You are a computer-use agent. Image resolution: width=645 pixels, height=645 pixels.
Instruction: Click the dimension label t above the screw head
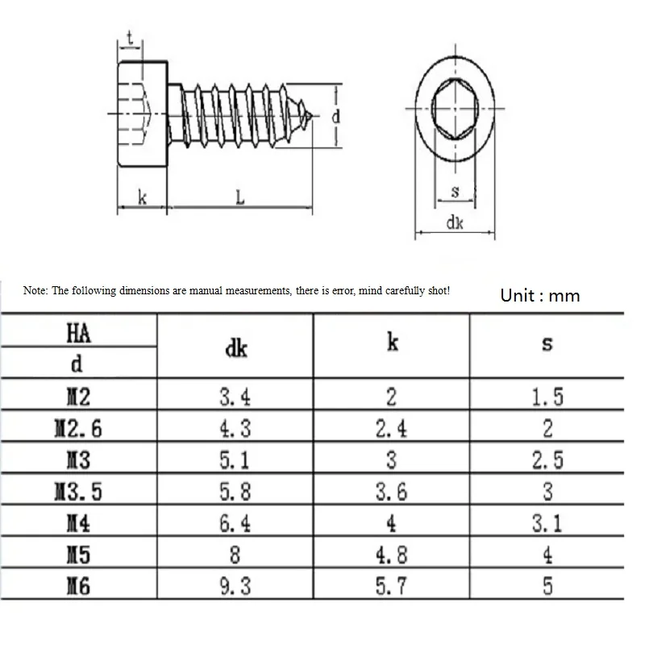pos(130,38)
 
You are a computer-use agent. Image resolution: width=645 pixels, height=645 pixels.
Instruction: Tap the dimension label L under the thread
pos(240,198)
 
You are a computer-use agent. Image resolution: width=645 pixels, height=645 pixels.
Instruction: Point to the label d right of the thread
pos(336,116)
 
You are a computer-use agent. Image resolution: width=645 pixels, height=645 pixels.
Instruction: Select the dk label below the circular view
pos(455,223)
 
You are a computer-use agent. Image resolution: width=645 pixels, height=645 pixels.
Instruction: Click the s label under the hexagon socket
pos(455,191)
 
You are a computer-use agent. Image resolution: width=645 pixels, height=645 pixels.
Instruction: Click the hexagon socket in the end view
pos(455,109)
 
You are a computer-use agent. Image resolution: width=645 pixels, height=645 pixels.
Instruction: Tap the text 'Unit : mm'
pos(540,296)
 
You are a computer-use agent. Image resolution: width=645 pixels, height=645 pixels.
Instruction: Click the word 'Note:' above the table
pos(35,291)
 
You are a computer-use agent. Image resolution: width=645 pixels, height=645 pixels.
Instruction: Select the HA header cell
pos(78,332)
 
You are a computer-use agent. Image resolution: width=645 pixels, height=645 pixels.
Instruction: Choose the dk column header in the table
pos(236,348)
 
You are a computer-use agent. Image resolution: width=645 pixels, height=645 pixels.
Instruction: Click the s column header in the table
pos(547,344)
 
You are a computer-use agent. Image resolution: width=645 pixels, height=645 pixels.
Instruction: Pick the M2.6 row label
pos(78,428)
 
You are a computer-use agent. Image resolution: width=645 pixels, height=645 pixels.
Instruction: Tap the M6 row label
pos(78,585)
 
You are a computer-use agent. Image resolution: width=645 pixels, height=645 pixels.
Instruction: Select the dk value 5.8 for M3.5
pos(235,491)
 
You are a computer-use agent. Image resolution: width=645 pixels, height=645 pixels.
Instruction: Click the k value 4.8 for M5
pos(391,555)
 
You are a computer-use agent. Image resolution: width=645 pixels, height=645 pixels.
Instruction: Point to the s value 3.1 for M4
pos(547,523)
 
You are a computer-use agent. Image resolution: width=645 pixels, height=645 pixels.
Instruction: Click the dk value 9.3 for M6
pos(235,586)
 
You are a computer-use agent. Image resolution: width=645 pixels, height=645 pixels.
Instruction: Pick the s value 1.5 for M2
pos(547,397)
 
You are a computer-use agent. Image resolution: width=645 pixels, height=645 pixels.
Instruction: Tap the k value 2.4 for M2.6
pos(391,429)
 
